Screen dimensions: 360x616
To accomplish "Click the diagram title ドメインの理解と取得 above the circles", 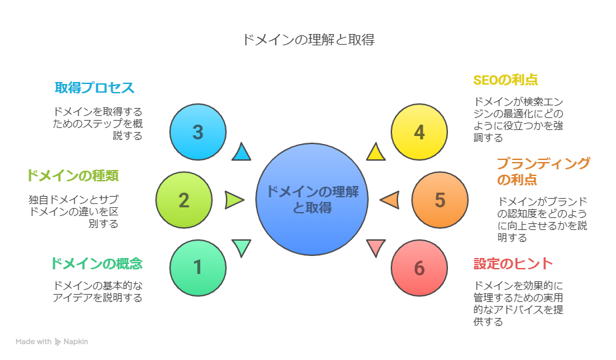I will pos(308,39).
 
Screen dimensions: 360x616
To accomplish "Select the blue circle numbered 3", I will pos(197,132).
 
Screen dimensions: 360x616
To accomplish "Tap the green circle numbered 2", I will pos(184,200).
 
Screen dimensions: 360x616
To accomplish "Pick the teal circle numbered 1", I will pos(197,267).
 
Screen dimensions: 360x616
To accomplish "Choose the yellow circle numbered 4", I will pos(419,132).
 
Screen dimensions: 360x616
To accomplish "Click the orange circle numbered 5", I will pos(439,200).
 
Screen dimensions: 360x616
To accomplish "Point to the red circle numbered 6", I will pos(419,268).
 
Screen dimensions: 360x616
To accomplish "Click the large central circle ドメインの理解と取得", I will pos(312,199).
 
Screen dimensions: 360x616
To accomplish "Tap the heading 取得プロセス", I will pos(95,88).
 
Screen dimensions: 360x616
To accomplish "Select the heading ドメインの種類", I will pos(72,176).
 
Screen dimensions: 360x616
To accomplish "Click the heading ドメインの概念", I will pos(96,263).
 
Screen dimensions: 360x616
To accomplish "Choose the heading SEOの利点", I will pos(505,80).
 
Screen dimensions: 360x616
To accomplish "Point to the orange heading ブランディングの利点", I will pos(543,171).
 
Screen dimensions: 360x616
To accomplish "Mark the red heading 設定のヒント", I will pos(513,263).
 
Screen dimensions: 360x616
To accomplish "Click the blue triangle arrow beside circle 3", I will pos(241,153).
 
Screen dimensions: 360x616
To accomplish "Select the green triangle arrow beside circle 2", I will pos(233,199).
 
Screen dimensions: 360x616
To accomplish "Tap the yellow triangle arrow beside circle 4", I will pos(376,153).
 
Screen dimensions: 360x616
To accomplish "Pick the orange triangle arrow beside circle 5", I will pos(391,199).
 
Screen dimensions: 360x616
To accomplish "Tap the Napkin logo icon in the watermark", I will pos(59,341).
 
